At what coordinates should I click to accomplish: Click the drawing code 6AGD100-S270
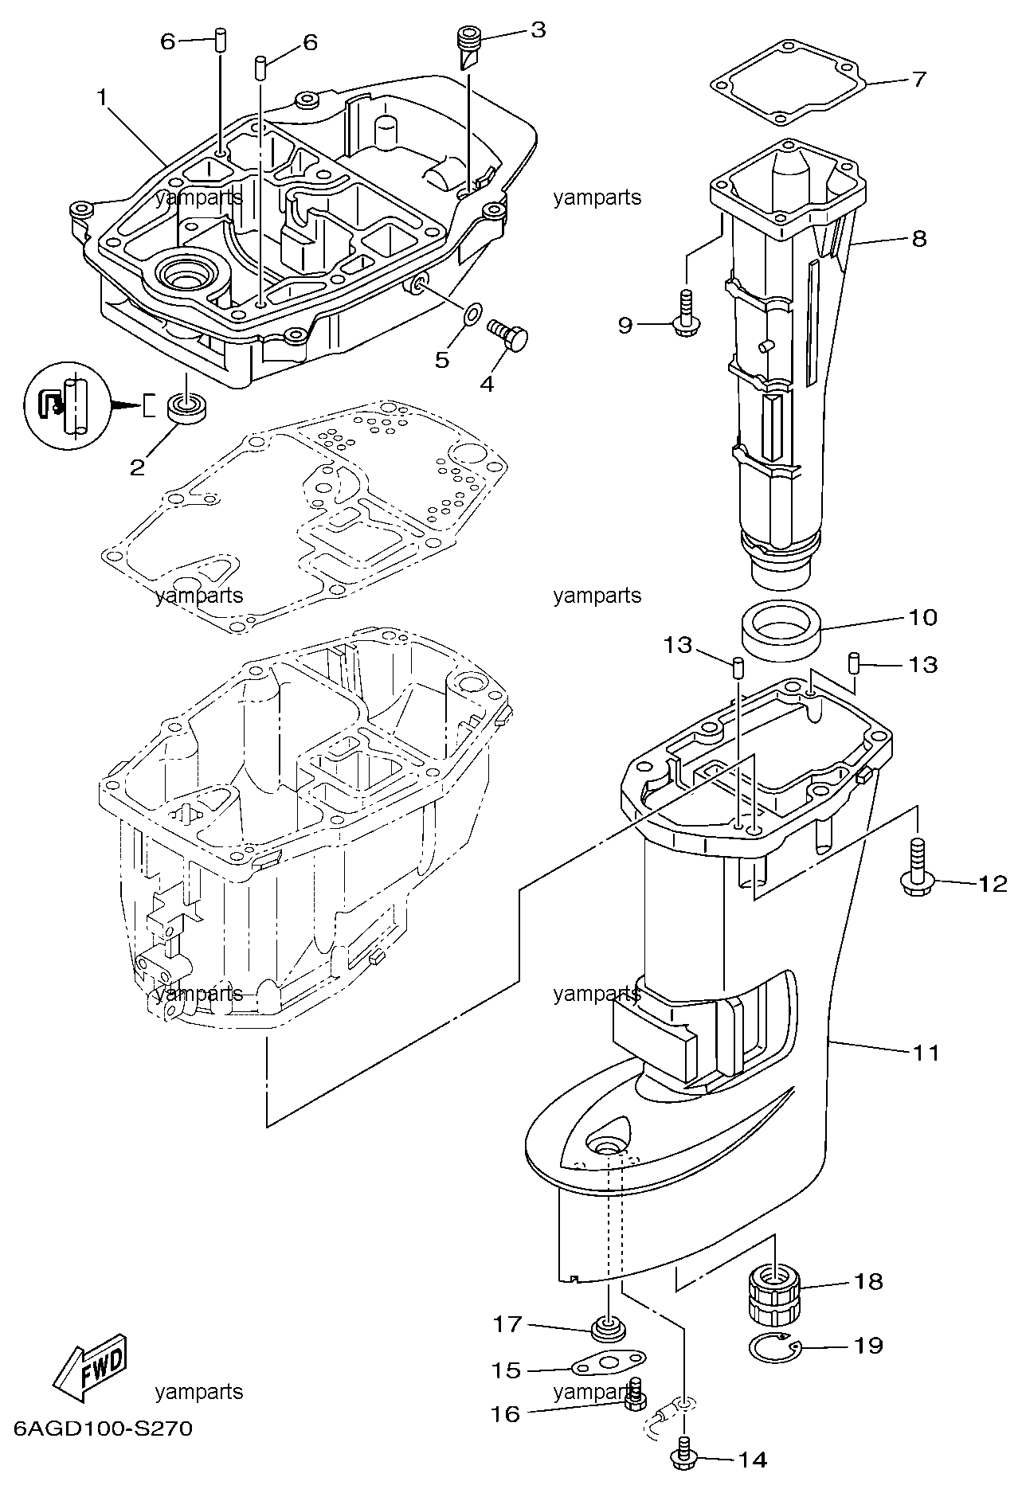(104, 1451)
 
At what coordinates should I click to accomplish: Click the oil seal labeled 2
(187, 408)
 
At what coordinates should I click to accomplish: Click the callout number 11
(926, 1053)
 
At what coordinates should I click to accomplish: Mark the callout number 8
(919, 238)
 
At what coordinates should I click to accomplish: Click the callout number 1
(101, 98)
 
